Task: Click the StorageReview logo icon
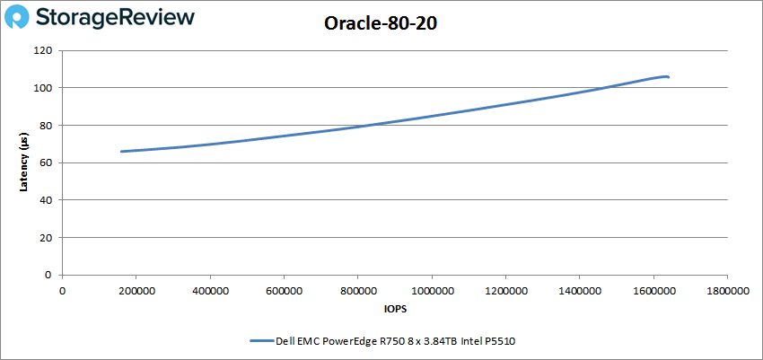(x=21, y=17)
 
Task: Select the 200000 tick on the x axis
(x=136, y=291)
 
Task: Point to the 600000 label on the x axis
(x=284, y=291)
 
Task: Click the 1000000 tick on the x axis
(x=432, y=291)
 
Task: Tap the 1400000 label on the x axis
(x=579, y=291)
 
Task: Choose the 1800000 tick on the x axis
(x=727, y=291)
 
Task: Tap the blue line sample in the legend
(x=266, y=341)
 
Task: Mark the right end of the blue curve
(x=668, y=77)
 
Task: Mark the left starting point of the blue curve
(x=121, y=152)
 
